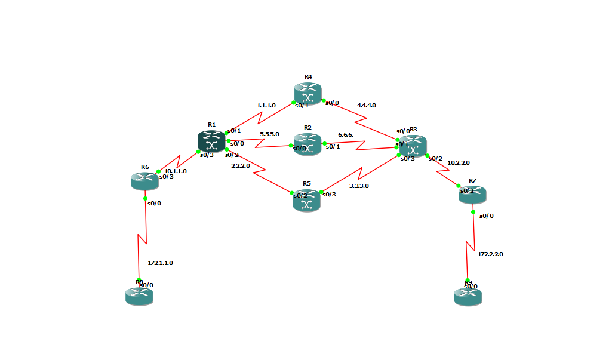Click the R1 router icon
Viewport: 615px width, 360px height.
[x=211, y=141]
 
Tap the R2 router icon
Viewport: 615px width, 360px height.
[x=307, y=145]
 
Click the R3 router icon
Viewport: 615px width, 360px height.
[x=413, y=146]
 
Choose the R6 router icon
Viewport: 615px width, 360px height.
[x=144, y=180]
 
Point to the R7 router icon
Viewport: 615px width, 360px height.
[x=472, y=194]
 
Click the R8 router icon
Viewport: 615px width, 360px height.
[x=139, y=296]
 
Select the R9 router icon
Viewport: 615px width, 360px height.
[x=468, y=296]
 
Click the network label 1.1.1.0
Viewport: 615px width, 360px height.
[x=266, y=105]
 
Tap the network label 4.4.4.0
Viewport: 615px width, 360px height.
[x=366, y=105]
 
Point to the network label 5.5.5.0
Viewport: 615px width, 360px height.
[x=269, y=134]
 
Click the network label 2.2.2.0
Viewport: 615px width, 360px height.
[x=241, y=165]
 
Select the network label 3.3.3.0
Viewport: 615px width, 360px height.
[x=359, y=186]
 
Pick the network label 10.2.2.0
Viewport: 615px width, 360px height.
[x=459, y=162]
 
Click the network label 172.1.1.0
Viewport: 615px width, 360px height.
[x=160, y=263]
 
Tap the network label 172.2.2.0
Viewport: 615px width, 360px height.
[x=490, y=254]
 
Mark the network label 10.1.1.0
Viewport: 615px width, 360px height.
[x=176, y=171]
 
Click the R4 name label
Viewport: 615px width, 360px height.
[x=308, y=76]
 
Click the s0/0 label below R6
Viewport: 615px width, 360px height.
[x=154, y=203]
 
